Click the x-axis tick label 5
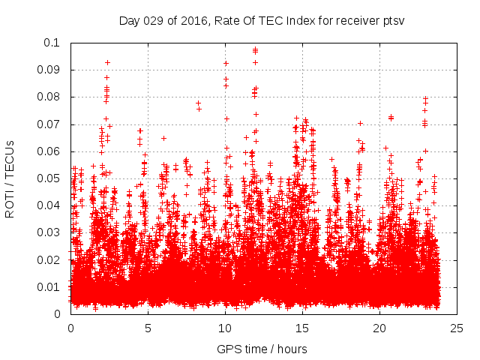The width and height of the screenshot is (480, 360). (148, 328)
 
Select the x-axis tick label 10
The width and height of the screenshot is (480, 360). (225, 328)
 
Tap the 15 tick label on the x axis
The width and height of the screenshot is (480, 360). (302, 328)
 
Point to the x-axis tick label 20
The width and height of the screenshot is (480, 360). (379, 328)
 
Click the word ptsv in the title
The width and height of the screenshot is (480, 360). (394, 20)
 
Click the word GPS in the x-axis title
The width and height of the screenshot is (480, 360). (228, 349)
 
